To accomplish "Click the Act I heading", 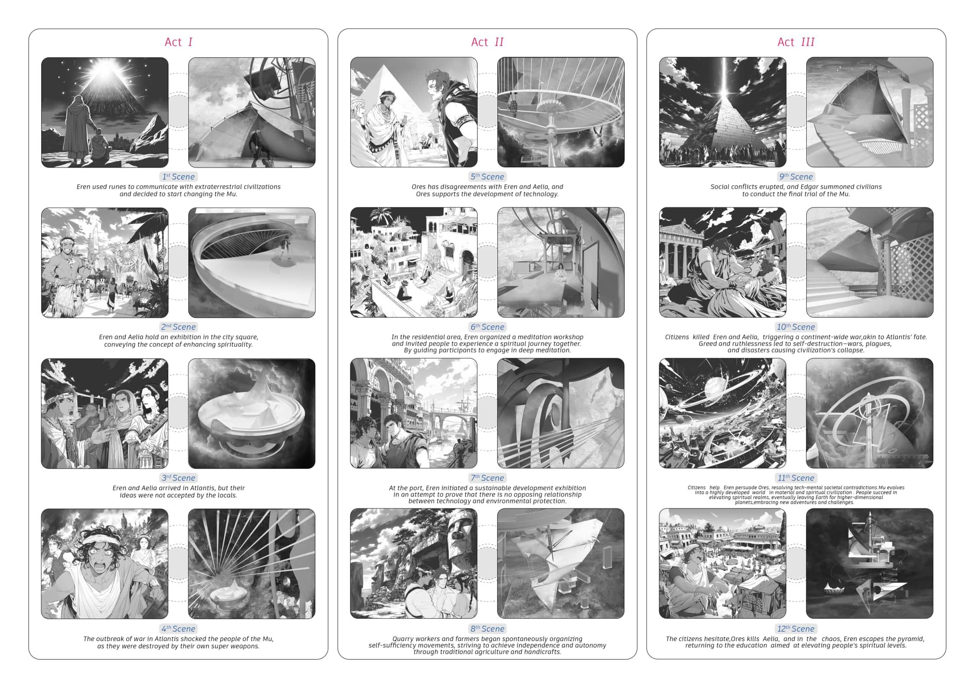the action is tap(178, 42).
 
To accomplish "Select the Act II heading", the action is tap(487, 42).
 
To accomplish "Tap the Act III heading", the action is tap(796, 42).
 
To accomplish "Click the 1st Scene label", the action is tap(178, 177).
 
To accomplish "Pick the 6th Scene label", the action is tap(487, 327).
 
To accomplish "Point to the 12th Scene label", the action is tap(796, 629).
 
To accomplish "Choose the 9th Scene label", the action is tap(796, 177).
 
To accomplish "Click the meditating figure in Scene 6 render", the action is tap(561, 273).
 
